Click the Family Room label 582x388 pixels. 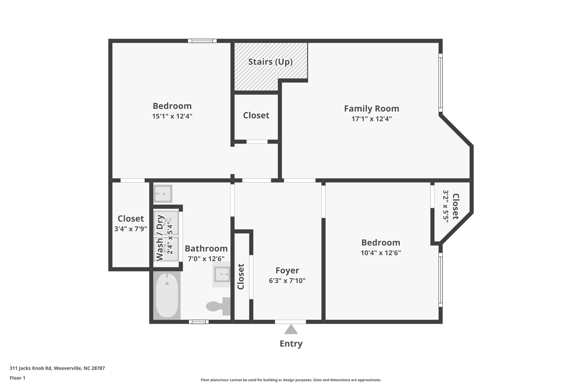(x=371, y=109)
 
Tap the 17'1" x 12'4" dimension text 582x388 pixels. (x=371, y=119)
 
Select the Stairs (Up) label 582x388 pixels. (x=270, y=62)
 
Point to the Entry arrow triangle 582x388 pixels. (x=291, y=330)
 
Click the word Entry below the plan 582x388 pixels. (x=291, y=344)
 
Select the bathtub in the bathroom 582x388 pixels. (x=167, y=296)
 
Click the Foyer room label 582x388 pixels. (x=287, y=270)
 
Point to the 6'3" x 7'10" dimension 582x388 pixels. (x=287, y=281)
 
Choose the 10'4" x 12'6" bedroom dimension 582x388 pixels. (x=381, y=253)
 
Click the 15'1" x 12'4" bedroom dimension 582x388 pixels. (x=172, y=116)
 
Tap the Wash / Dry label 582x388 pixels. (x=160, y=238)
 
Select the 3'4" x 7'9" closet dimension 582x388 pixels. (x=130, y=229)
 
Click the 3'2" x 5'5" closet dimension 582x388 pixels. (x=446, y=206)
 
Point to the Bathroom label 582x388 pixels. (x=206, y=248)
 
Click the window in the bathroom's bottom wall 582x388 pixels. (x=199, y=322)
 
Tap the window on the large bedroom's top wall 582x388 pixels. (x=202, y=41)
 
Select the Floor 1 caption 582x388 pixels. (x=17, y=378)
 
